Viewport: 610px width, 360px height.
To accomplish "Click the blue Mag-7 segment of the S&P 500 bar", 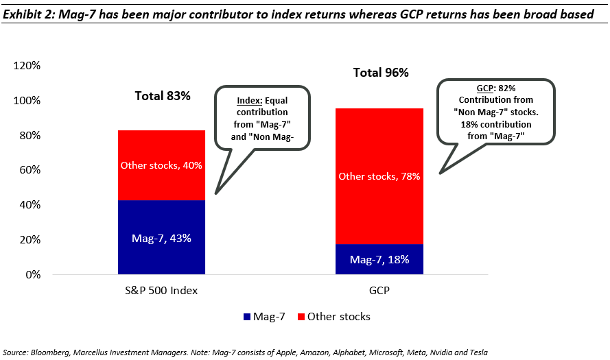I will tap(161, 237).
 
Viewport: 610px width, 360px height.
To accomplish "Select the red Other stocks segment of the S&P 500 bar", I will tap(161, 165).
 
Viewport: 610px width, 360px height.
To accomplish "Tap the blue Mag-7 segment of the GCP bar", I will tap(379, 259).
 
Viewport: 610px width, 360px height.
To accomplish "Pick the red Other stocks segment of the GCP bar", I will tap(379, 176).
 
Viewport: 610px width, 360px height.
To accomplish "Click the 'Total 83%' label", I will tap(161, 96).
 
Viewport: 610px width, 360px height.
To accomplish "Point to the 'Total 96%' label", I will tap(380, 73).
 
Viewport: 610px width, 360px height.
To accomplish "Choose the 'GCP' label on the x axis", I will tap(379, 291).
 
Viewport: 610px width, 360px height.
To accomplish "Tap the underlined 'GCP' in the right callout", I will tap(485, 88).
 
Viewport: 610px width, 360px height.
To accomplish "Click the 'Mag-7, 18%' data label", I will tap(379, 260).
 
